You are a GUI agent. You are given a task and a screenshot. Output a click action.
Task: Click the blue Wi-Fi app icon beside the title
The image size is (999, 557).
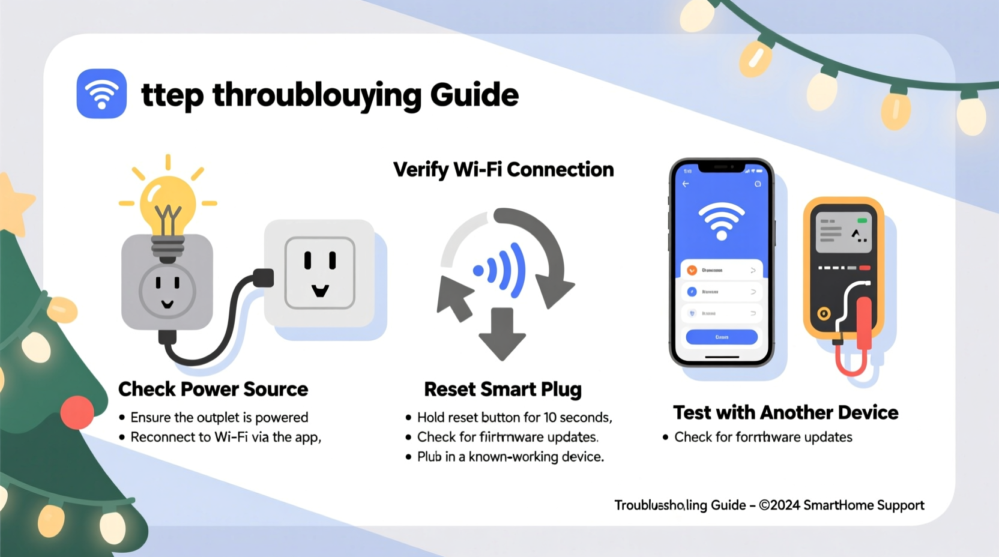tap(101, 94)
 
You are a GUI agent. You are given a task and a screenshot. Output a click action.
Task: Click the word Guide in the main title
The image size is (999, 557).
tap(474, 95)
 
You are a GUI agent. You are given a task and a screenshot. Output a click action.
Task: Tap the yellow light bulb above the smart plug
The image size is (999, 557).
tap(168, 201)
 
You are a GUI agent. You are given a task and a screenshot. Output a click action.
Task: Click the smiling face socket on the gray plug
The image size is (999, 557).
tap(167, 291)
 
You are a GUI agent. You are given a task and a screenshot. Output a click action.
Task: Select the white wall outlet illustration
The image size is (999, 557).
tap(319, 273)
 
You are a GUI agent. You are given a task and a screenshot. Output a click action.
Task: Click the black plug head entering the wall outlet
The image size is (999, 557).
tap(263, 278)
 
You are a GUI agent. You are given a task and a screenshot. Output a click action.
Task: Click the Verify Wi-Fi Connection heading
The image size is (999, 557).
tap(503, 170)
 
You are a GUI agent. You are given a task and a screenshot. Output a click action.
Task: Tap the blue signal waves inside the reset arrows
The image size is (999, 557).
tap(503, 270)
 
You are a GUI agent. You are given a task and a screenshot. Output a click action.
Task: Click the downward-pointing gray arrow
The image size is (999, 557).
tap(502, 334)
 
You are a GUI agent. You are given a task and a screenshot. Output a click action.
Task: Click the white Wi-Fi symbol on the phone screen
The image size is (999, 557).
tap(722, 219)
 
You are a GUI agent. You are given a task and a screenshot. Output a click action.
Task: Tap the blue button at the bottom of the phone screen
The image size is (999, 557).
tap(722, 337)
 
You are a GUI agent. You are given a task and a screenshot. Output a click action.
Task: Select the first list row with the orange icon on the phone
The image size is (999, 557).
tap(722, 270)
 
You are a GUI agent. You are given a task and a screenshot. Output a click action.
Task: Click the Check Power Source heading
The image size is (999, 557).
tap(213, 389)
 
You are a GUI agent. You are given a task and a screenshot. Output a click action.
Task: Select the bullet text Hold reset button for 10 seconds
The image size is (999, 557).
tap(514, 417)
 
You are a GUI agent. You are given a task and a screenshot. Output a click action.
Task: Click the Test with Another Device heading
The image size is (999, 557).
tap(785, 412)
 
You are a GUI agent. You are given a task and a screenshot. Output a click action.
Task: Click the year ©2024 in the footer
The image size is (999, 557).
tap(779, 505)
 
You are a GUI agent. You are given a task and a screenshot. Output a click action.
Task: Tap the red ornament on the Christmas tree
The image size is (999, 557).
tap(77, 412)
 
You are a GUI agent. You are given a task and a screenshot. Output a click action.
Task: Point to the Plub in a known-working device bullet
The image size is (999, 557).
tap(510, 457)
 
